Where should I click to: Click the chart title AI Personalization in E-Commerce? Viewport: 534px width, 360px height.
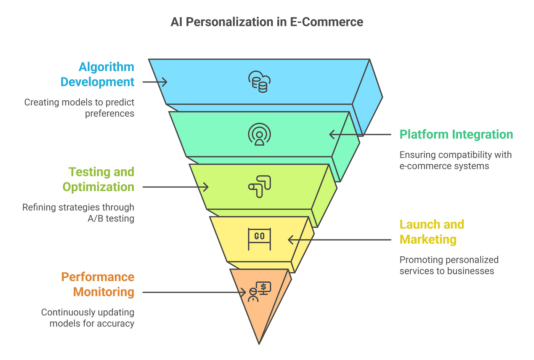click(267, 22)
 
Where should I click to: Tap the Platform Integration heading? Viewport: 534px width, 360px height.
click(456, 134)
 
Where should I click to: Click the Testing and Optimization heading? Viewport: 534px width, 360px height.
click(98, 179)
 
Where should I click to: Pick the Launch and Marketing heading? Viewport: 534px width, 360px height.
click(431, 231)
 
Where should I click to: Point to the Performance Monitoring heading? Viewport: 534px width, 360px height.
click(98, 284)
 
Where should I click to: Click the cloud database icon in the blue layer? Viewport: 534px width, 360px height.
click(259, 82)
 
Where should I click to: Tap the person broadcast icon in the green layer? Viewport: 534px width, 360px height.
click(259, 135)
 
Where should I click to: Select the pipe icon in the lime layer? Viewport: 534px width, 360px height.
click(259, 186)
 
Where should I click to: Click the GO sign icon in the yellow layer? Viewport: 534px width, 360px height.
click(259, 239)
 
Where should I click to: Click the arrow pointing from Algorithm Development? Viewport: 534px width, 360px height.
click(154, 82)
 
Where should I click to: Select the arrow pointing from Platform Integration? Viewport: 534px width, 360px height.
click(360, 134)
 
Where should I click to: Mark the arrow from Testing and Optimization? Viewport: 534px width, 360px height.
click(175, 187)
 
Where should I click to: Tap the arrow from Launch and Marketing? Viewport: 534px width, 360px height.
click(339, 240)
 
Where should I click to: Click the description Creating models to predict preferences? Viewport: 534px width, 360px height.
click(79, 108)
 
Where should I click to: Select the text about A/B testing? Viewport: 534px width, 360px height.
click(78, 213)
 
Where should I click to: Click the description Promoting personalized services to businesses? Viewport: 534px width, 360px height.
click(449, 265)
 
